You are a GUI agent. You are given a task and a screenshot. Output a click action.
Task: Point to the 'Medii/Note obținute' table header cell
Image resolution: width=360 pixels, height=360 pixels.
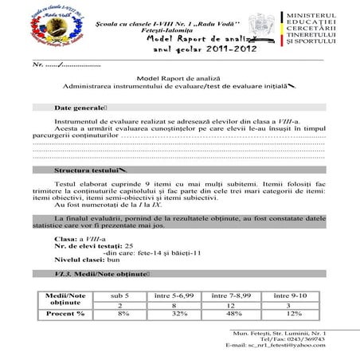click(66, 299)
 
